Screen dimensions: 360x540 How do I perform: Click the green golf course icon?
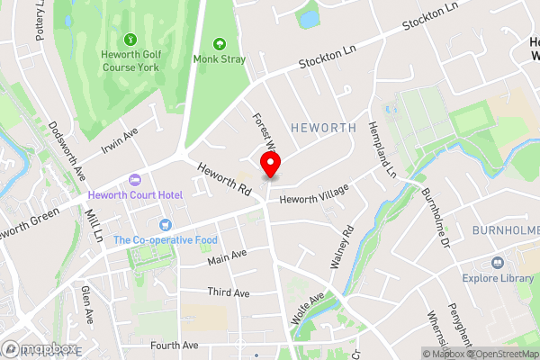[131, 40]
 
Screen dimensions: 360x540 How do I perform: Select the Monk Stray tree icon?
[219, 43]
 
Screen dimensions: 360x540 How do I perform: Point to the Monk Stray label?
[219, 61]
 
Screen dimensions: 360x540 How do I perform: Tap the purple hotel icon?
[135, 181]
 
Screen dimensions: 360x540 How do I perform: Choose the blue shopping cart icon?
[165, 224]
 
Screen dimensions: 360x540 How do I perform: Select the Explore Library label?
[498, 279]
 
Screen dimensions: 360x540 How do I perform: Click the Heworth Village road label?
[312, 197]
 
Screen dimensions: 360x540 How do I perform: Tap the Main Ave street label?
[227, 258]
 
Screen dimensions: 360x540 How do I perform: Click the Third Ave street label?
[228, 293]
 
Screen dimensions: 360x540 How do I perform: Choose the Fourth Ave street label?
[174, 346]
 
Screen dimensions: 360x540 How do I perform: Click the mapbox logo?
[38, 348]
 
